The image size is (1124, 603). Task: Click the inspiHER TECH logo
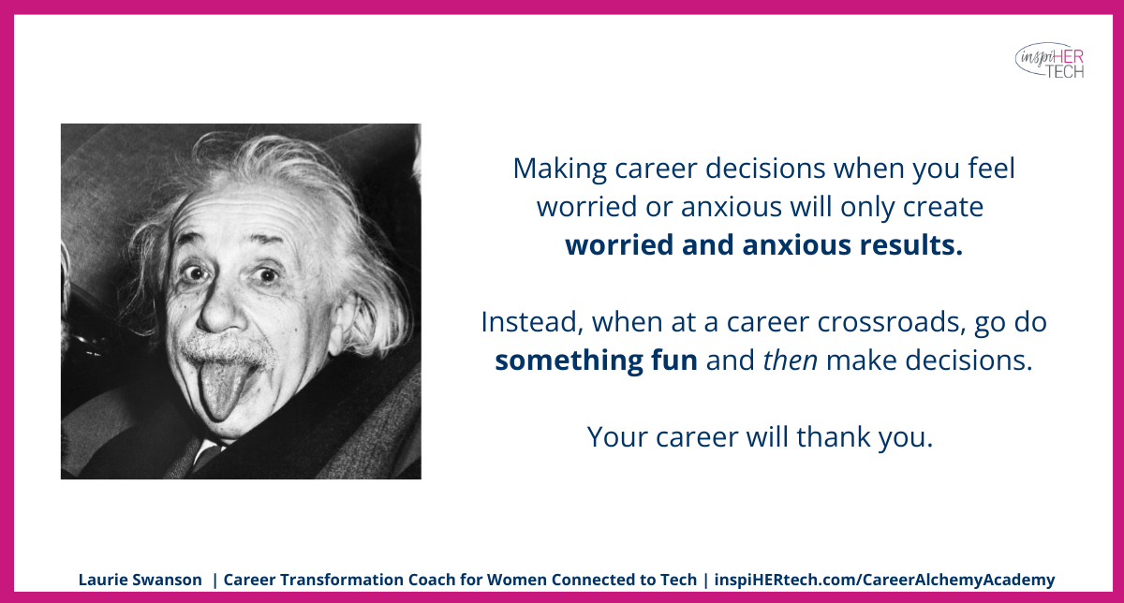(x=1050, y=59)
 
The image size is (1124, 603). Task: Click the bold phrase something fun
(x=596, y=360)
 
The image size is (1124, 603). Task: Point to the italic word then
(x=790, y=360)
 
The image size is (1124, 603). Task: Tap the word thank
(x=842, y=436)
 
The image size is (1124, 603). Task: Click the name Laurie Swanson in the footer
(x=140, y=580)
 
